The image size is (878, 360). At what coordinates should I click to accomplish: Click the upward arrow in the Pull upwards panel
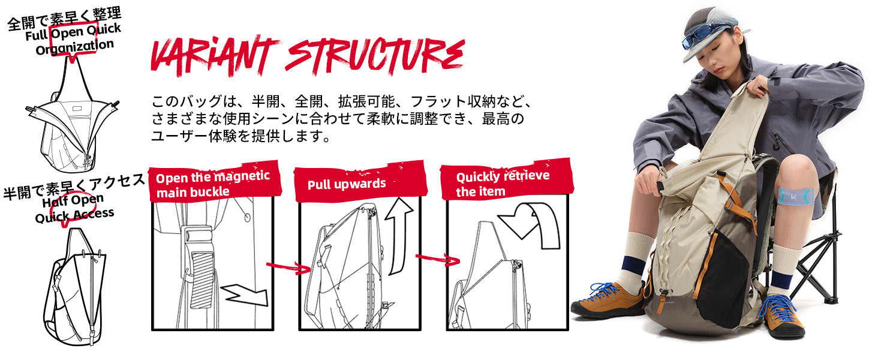[399, 236]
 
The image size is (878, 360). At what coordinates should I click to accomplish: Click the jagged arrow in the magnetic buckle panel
[245, 295]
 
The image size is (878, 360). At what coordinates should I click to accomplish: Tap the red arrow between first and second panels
[288, 268]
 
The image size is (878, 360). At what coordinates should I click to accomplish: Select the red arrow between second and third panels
[437, 259]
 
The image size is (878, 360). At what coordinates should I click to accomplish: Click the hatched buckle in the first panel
[203, 280]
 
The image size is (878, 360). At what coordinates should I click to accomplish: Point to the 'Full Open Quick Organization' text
[74, 39]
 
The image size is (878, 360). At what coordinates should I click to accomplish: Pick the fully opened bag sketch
[73, 118]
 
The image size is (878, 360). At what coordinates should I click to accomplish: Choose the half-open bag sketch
[75, 287]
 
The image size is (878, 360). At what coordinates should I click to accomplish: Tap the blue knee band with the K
[796, 196]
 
